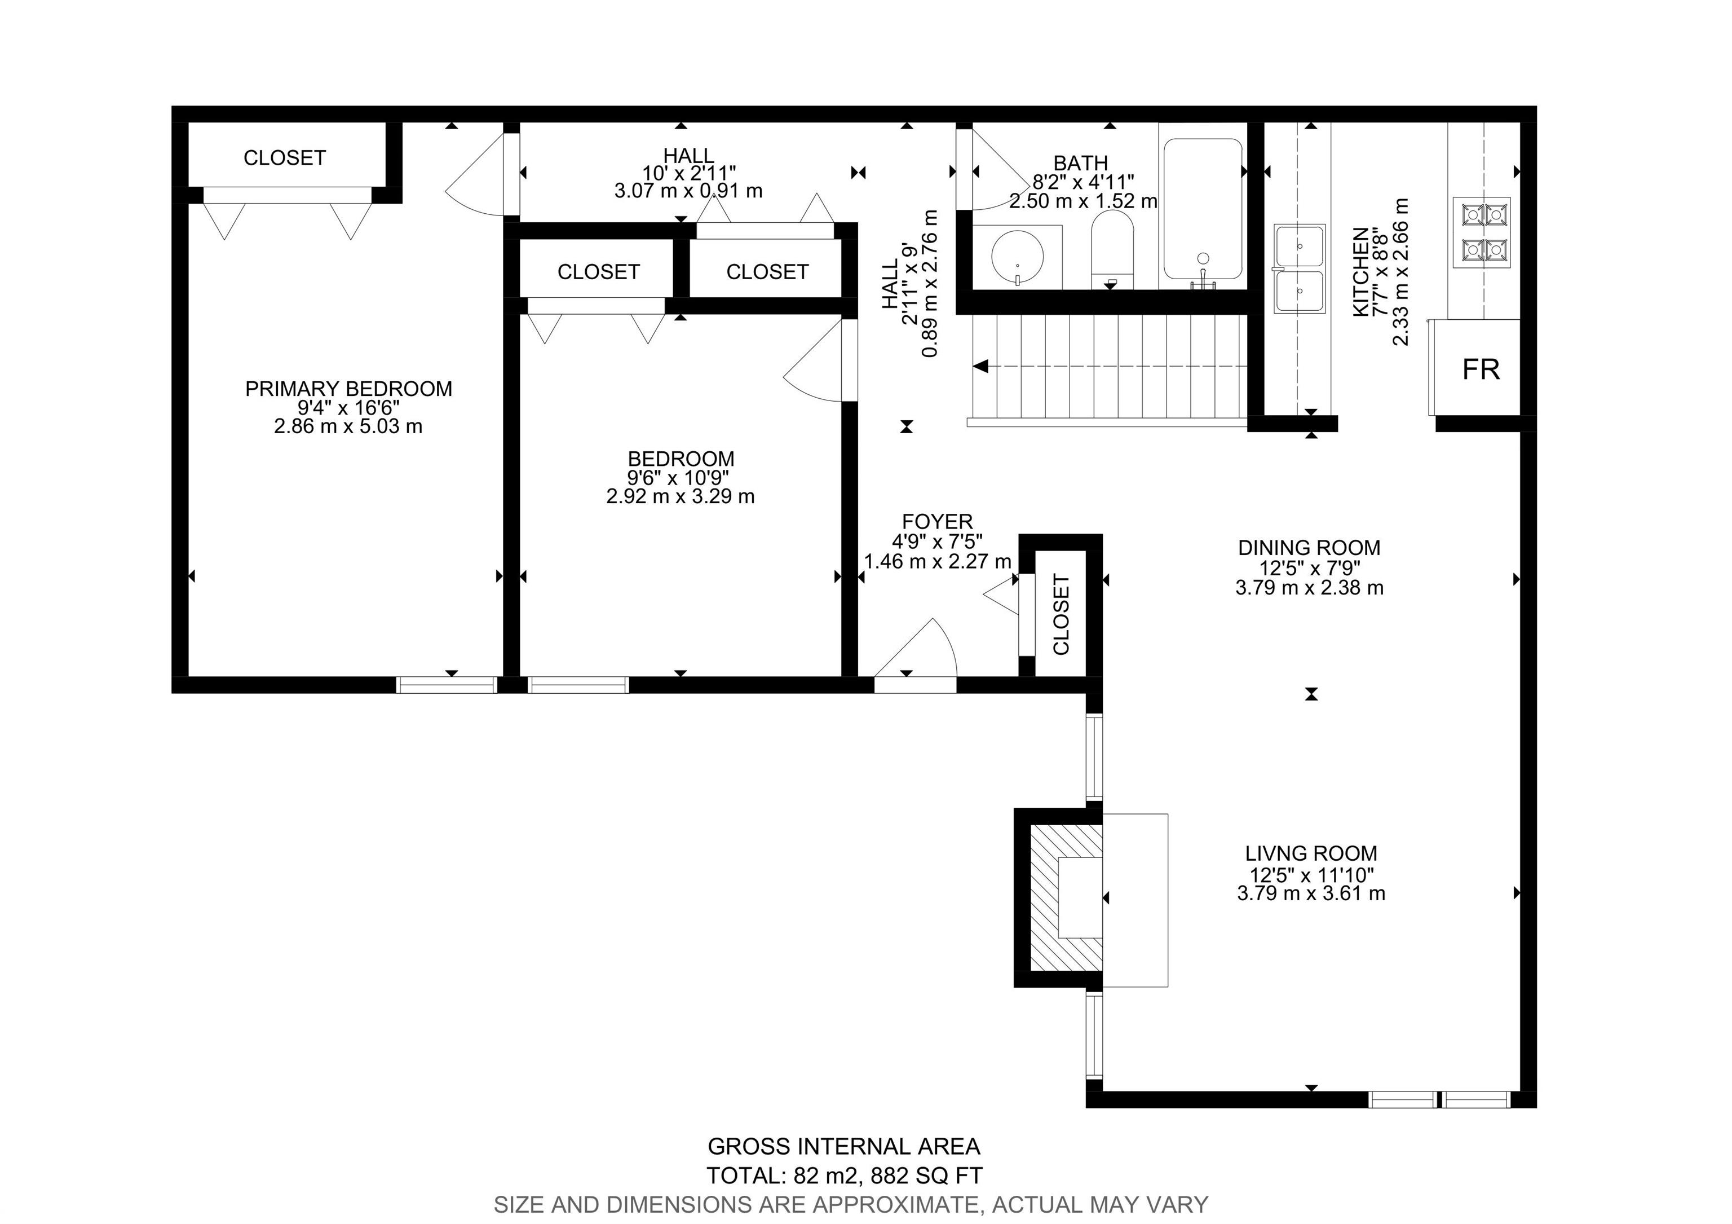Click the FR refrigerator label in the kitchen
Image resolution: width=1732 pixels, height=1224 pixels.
pyautogui.click(x=1481, y=370)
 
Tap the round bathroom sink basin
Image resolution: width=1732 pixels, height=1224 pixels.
pyautogui.click(x=1018, y=256)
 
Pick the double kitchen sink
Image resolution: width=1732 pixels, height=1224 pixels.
pyautogui.click(x=1300, y=268)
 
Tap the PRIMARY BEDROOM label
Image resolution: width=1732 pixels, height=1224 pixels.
pyautogui.click(x=348, y=389)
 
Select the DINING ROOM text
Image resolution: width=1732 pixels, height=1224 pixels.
pyautogui.click(x=1310, y=547)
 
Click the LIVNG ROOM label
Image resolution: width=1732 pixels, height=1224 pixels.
pyautogui.click(x=1311, y=853)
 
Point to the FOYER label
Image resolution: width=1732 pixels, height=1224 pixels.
pyautogui.click(x=938, y=521)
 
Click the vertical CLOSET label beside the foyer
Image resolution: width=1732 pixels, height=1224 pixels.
pyautogui.click(x=1062, y=614)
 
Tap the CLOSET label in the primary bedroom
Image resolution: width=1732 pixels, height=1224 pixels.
pyautogui.click(x=284, y=158)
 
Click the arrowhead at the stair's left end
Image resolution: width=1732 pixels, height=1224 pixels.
pyautogui.click(x=980, y=367)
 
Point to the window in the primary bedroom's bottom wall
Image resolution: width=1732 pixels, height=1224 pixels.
pyautogui.click(x=447, y=684)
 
